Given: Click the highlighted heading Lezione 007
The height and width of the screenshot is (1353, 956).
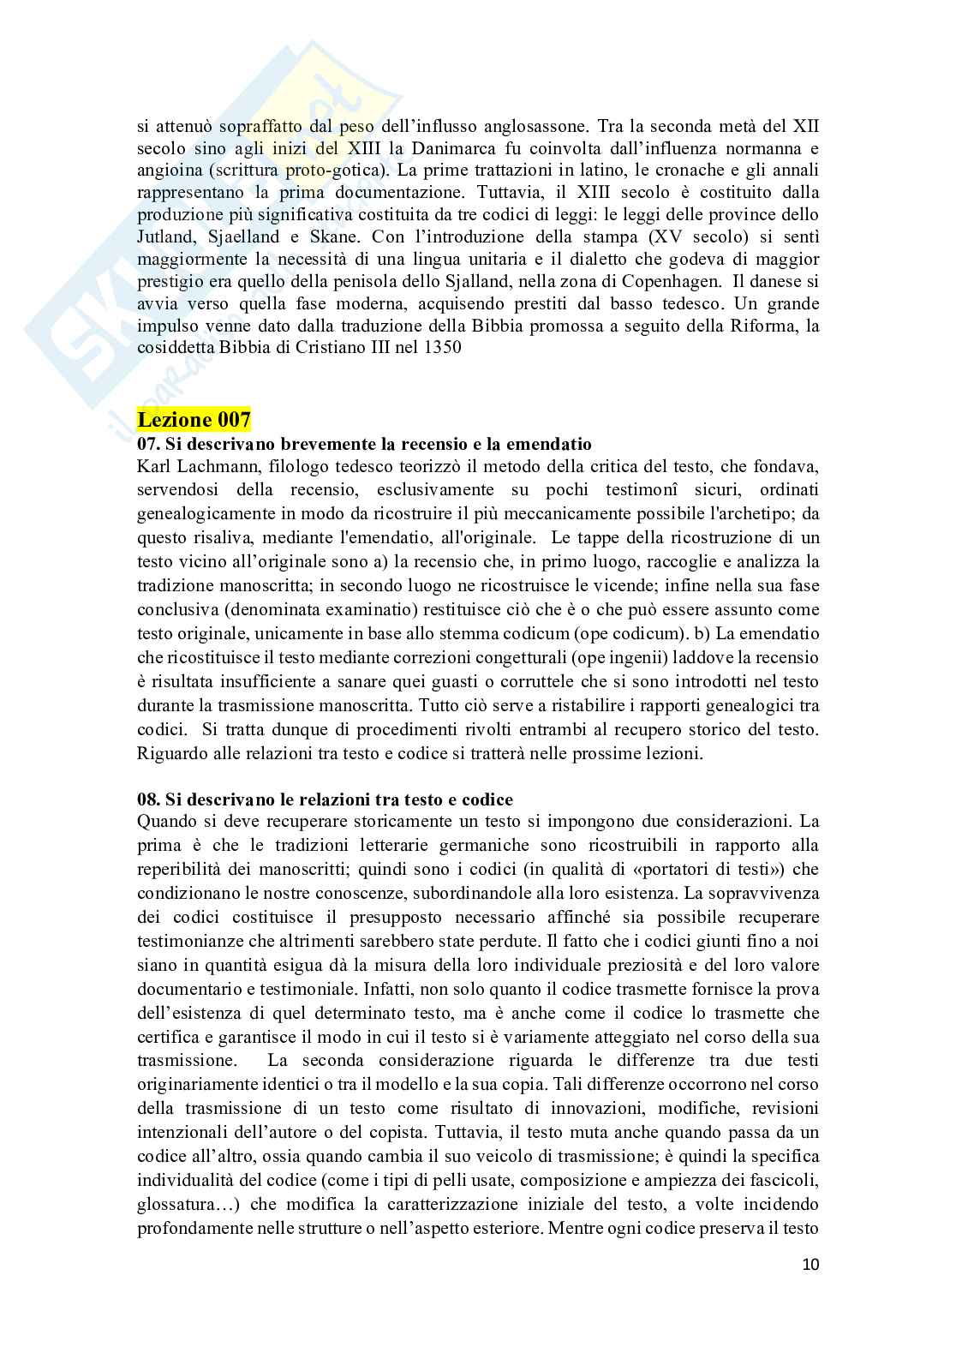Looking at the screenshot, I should click(x=194, y=420).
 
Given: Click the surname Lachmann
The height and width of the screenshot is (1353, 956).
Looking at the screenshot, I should click(x=211, y=466).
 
